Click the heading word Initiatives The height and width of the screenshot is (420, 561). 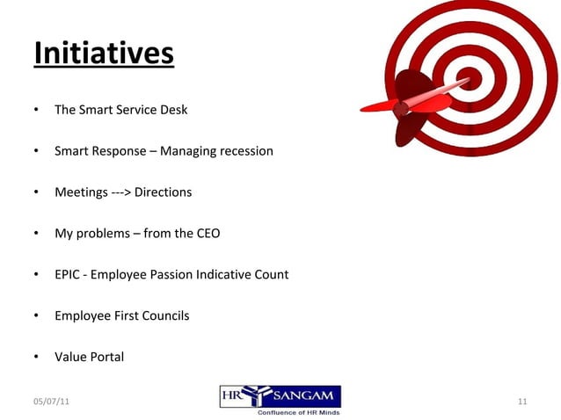pyautogui.click(x=104, y=53)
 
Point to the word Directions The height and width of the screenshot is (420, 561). pyautogui.click(x=163, y=192)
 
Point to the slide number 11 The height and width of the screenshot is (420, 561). pyautogui.click(x=522, y=402)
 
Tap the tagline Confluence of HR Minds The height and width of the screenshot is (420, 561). pyautogui.click(x=298, y=412)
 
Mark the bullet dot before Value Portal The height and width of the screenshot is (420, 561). pyautogui.click(x=36, y=357)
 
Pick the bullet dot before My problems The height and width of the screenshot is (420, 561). pyautogui.click(x=36, y=234)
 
